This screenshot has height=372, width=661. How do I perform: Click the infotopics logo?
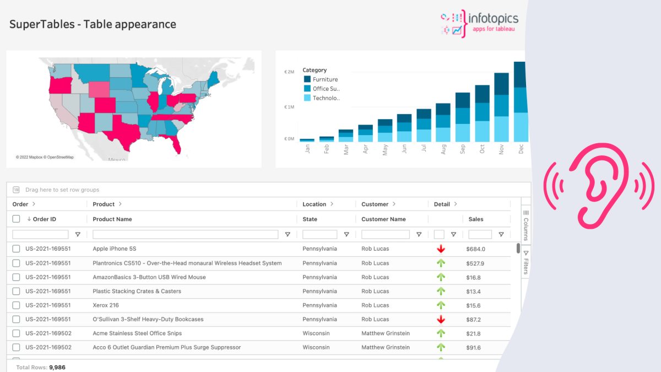[479, 24]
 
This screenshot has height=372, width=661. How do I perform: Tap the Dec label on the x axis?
[521, 149]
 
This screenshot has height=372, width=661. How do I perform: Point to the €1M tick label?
[289, 106]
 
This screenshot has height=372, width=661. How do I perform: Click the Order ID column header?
[44, 219]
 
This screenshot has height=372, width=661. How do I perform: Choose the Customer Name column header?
[383, 219]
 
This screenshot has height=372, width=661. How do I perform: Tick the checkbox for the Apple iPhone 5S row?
[16, 249]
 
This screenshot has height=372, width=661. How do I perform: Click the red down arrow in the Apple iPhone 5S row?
[441, 249]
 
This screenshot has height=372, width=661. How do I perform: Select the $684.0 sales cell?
[475, 249]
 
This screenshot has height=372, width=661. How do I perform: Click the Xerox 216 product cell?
[106, 305]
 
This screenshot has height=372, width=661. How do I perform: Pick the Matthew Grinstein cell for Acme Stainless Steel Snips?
[385, 333]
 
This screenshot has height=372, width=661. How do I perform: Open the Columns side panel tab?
[525, 225]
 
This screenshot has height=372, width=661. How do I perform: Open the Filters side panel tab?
[525, 263]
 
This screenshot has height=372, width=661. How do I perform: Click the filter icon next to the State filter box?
[346, 235]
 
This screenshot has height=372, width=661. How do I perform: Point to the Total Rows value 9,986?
[57, 367]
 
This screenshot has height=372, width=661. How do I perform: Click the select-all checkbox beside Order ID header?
[16, 219]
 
